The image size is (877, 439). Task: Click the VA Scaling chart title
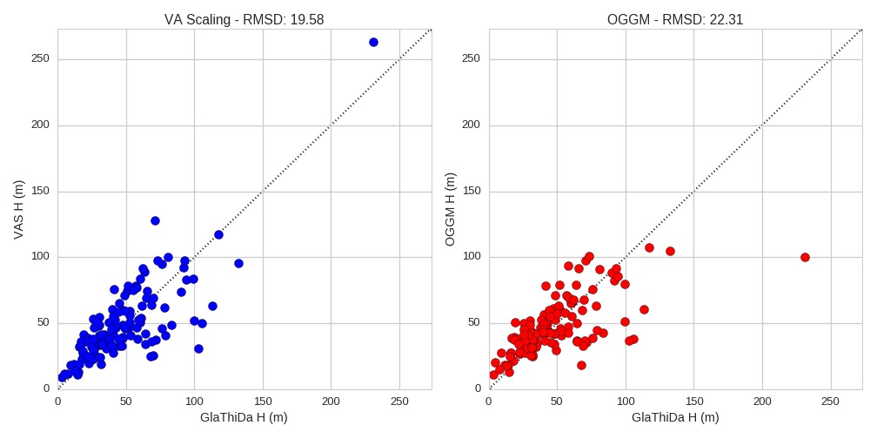point(244,20)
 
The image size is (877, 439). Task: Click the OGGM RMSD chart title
point(675,20)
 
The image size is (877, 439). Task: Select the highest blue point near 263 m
point(373,42)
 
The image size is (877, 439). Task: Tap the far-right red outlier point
point(805,257)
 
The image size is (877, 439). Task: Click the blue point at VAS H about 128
point(155,220)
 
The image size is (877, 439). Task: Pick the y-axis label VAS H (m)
point(18,208)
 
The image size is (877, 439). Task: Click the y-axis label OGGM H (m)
point(450,208)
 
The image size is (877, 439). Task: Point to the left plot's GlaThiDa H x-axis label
point(244,417)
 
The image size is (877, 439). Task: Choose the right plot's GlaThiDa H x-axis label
point(675,417)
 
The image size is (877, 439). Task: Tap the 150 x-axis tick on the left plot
point(263,402)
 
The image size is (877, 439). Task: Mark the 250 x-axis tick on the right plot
point(831,402)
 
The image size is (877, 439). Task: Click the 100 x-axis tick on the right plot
point(626,402)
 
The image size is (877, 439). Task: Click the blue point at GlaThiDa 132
point(238,263)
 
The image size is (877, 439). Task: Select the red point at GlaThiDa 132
point(670,251)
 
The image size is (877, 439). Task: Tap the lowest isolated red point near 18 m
point(581,365)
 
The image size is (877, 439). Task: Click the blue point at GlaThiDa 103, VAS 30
point(198,348)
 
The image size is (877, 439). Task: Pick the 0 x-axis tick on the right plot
point(489,402)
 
